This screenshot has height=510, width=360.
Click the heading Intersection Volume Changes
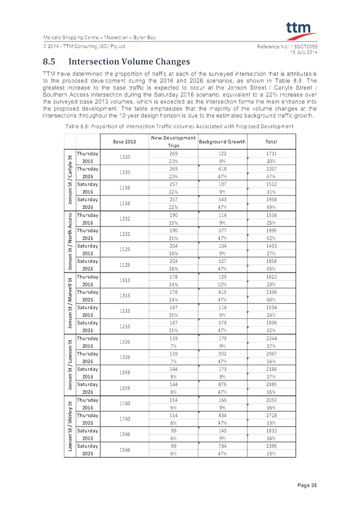coord(129,62)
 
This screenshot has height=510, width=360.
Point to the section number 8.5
coord(49,62)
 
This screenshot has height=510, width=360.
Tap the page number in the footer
coord(307,485)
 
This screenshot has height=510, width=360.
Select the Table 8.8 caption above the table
coord(180,127)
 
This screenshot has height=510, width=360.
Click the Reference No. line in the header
coord(288,46)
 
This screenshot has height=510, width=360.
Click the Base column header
coord(124,141)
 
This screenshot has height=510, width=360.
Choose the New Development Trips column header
coord(173,141)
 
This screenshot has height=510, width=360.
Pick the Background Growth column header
coord(222,141)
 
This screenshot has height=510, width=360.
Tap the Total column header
coord(271,141)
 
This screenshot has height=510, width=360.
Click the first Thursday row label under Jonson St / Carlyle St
coord(88,157)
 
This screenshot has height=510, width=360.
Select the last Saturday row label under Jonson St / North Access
coord(88,265)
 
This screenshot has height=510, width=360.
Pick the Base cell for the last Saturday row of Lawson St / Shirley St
coord(124,450)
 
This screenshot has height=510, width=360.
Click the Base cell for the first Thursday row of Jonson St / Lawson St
coord(124,342)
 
